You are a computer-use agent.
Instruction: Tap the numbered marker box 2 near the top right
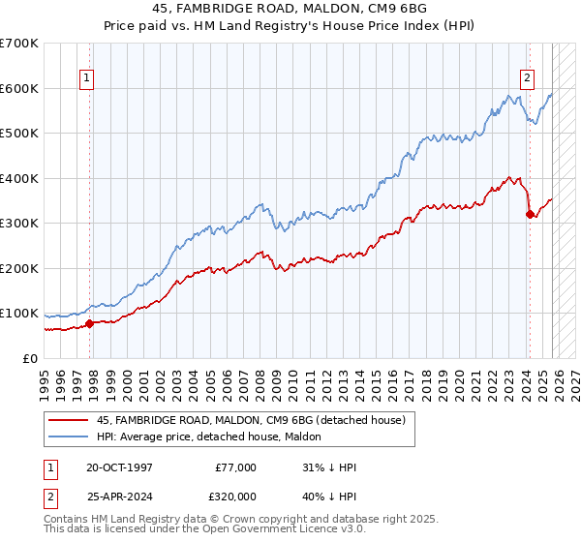pos(528,79)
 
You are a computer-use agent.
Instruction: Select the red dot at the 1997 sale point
pos(89,323)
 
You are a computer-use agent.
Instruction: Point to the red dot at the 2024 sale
pos(529,214)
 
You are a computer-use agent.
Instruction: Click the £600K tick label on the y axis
pos(19,88)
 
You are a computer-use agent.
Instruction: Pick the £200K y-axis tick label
pos(19,268)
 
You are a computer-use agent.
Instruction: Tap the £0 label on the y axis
pos(29,358)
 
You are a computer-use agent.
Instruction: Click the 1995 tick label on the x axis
pos(45,377)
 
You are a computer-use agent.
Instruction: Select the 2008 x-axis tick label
pos(260,377)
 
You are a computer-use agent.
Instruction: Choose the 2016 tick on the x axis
pos(391,377)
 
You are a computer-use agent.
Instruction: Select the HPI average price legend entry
pos(215,437)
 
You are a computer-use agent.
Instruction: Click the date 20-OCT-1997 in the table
pos(119,467)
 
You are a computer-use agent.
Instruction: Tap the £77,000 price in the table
pos(234,467)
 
